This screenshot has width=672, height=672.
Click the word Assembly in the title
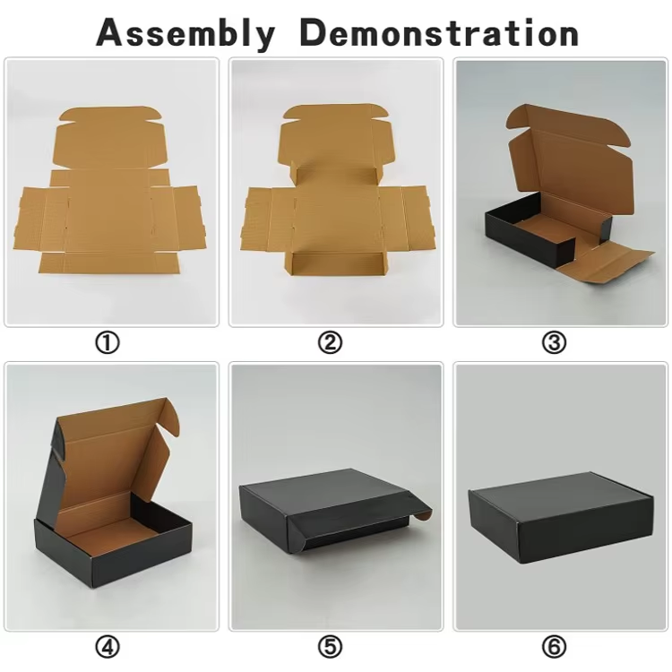tap(185, 33)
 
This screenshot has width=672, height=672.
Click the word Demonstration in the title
tap(439, 32)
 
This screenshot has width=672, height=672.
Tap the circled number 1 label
tap(108, 342)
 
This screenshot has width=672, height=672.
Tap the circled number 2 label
tap(331, 342)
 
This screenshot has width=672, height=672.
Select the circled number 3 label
tap(554, 342)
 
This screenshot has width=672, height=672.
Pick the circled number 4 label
tap(108, 647)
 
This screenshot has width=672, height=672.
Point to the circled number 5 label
tap(331, 647)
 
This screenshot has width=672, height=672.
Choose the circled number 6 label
tap(554, 647)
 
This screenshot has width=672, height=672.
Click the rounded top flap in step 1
tap(110, 115)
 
